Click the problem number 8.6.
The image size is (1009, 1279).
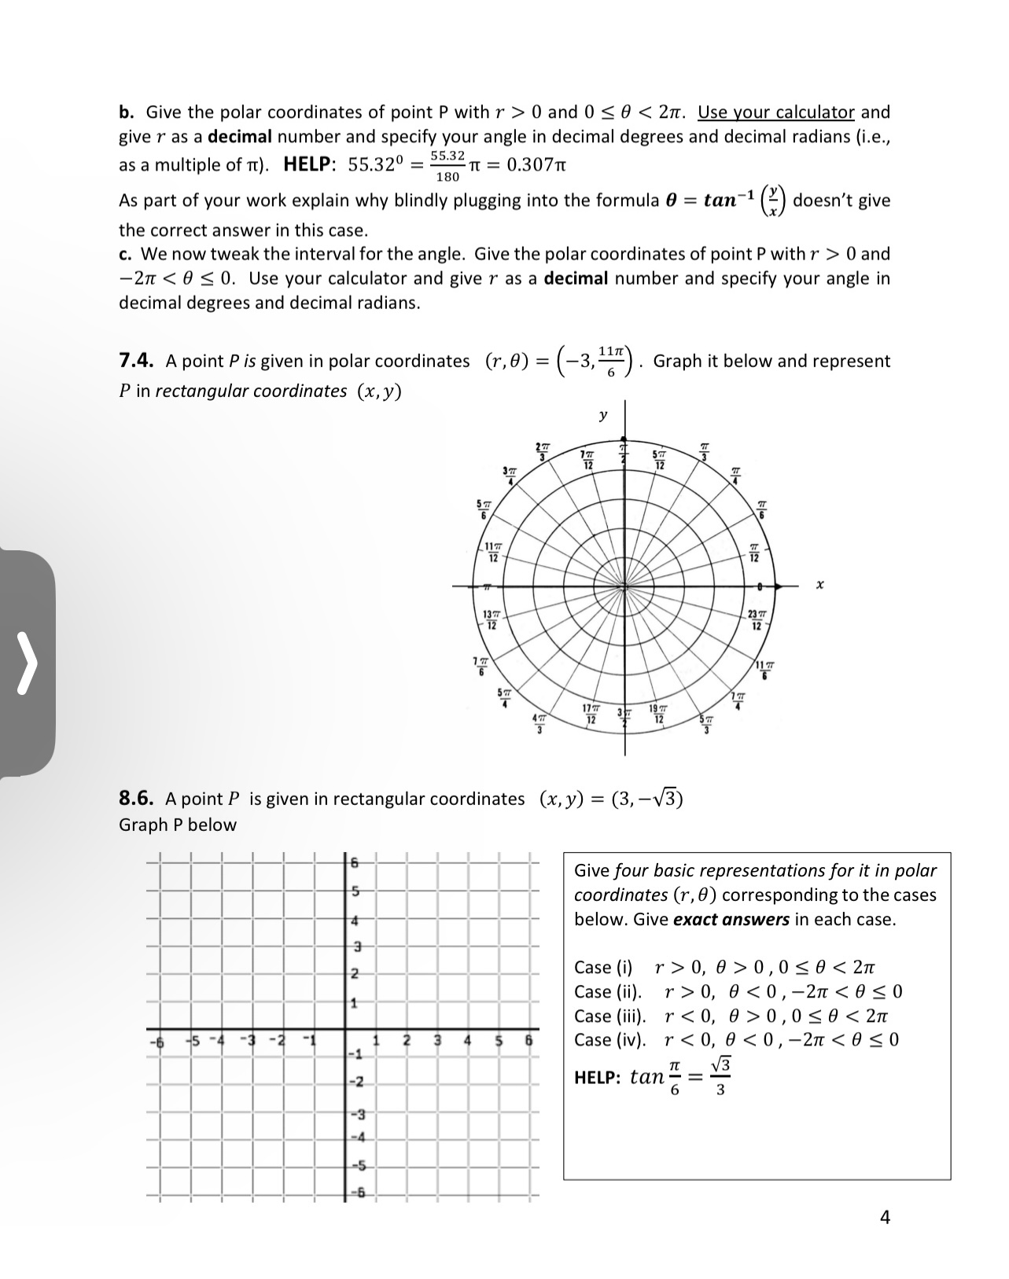click(x=134, y=799)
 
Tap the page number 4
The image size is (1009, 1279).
click(x=885, y=1218)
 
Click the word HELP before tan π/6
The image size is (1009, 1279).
click(x=598, y=1078)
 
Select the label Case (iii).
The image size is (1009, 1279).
click(x=609, y=1016)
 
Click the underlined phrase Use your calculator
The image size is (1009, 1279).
click(x=775, y=112)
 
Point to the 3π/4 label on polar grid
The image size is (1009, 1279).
click(x=510, y=476)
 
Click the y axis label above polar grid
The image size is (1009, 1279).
click(x=602, y=415)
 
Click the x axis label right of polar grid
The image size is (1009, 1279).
click(x=820, y=585)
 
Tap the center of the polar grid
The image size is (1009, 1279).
click(x=625, y=586)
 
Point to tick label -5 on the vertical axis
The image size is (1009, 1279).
click(x=356, y=1165)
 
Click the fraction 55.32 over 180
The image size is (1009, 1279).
click(x=448, y=165)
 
